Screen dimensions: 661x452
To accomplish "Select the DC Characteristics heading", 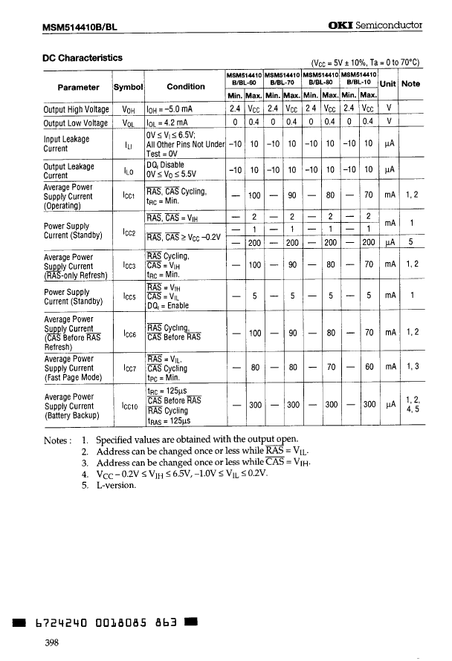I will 82,58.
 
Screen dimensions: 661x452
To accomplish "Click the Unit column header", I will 388,83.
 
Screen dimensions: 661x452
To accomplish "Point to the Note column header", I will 410,83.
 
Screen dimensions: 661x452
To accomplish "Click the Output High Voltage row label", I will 77,109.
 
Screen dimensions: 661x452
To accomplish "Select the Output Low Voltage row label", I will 76,123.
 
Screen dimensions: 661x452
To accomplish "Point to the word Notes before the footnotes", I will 58,440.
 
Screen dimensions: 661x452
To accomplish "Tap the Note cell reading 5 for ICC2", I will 411,241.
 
